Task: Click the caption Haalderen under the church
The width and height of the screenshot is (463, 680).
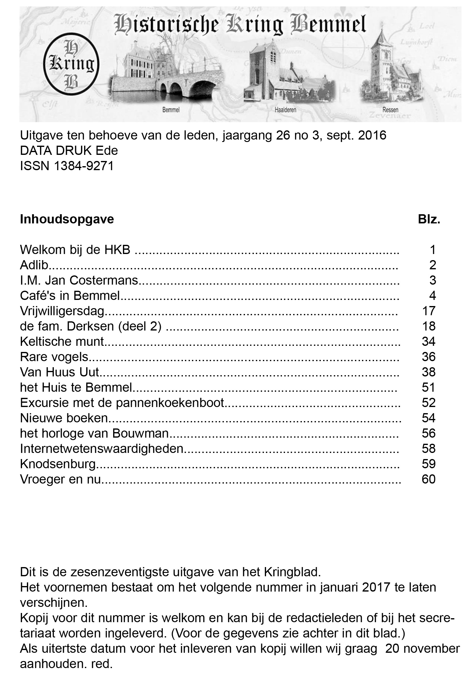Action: tap(285, 110)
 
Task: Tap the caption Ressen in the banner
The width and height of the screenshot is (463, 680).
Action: tap(390, 110)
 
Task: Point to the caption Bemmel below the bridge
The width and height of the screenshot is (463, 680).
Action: tap(171, 110)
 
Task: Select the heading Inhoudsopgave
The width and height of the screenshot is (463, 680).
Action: tap(67, 219)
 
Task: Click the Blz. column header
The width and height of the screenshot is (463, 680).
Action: tap(429, 219)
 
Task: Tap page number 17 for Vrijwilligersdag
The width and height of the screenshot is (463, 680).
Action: tap(428, 311)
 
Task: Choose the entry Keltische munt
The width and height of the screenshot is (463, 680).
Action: tap(62, 341)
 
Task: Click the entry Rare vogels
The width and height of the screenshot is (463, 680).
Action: tap(54, 357)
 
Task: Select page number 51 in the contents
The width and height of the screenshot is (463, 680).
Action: tap(428, 387)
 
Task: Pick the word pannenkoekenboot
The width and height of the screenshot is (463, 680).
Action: tap(170, 403)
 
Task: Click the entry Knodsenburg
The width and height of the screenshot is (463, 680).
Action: tap(58, 464)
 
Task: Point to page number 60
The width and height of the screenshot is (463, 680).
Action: tap(428, 479)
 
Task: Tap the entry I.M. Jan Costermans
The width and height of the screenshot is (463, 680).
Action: tap(79, 280)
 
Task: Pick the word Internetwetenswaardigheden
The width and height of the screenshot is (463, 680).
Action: tap(102, 449)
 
